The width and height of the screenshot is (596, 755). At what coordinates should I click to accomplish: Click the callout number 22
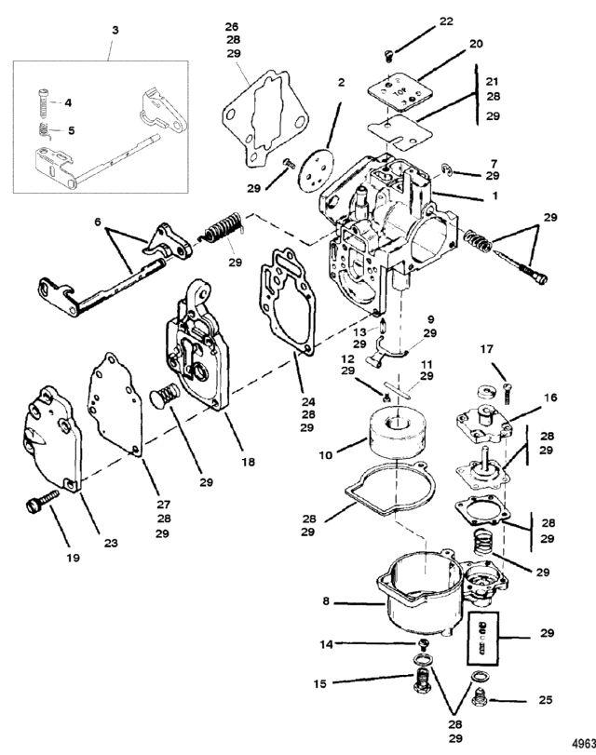pyautogui.click(x=447, y=21)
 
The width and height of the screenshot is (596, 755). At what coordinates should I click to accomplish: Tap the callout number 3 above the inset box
pyautogui.click(x=115, y=32)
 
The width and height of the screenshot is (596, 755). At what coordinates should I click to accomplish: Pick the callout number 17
pyautogui.click(x=485, y=350)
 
